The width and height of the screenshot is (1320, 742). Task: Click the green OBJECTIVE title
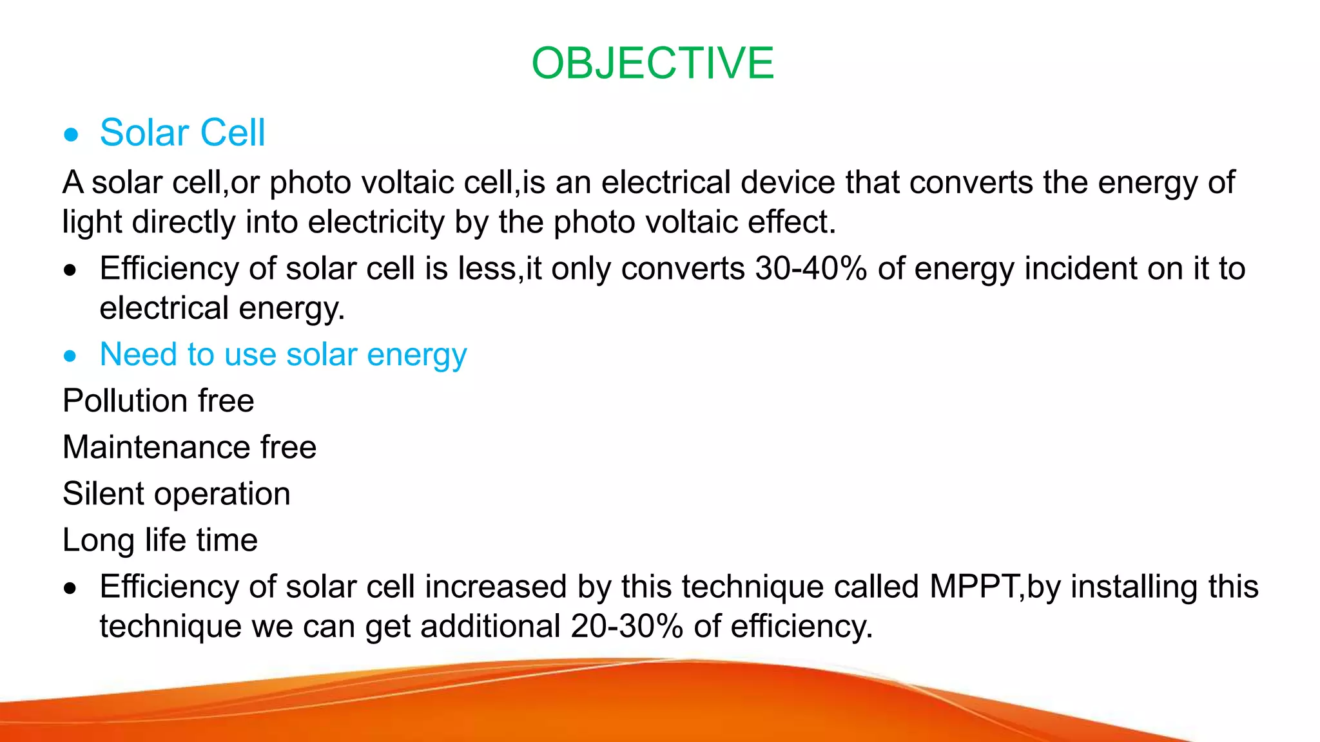(652, 64)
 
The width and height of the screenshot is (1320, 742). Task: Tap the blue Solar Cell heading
(182, 133)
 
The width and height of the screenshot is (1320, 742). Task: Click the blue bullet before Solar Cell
(71, 135)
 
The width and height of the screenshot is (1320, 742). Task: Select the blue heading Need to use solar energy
(283, 355)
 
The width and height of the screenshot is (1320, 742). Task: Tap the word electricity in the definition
(376, 222)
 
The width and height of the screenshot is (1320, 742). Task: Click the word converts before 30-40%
(683, 269)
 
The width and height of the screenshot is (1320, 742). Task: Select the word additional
(490, 626)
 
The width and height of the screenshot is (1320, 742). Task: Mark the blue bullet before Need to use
(70, 356)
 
